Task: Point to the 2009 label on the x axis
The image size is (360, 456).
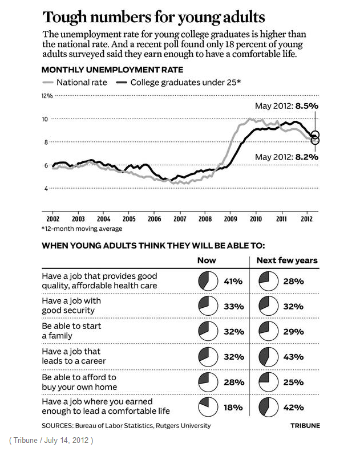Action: click(x=230, y=219)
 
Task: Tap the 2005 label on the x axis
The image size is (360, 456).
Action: click(x=128, y=219)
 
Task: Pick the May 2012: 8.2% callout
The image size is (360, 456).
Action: click(x=286, y=157)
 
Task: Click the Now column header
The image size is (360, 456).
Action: click(x=207, y=260)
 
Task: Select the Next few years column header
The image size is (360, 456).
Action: click(x=288, y=260)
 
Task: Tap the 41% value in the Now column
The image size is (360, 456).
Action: click(x=233, y=281)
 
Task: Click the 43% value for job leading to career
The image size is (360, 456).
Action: click(x=294, y=357)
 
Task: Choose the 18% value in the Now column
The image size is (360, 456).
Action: click(x=233, y=408)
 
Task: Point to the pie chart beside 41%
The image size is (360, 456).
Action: click(x=207, y=281)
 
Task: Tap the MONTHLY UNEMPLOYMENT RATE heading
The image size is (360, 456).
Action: click(x=112, y=70)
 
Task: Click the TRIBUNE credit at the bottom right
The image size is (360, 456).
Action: click(x=305, y=426)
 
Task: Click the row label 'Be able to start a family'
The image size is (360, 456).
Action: click(x=71, y=331)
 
